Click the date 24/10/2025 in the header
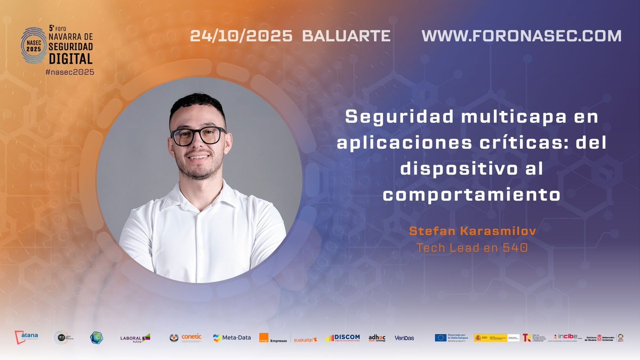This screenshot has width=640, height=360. pos(241,36)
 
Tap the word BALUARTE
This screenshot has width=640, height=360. pos(346,36)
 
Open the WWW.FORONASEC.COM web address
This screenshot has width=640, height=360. pos(521,36)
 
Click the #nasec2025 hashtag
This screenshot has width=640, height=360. pos(70,72)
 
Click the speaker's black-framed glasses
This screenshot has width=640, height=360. pos(198,135)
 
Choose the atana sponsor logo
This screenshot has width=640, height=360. pos(27,337)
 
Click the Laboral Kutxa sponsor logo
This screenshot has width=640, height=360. pos(135,338)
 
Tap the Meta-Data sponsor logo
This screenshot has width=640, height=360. pos(232,338)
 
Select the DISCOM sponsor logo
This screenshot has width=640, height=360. pos(343,338)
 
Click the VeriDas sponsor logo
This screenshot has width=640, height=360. pos(404,338)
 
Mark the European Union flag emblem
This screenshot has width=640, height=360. pos(441,338)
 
